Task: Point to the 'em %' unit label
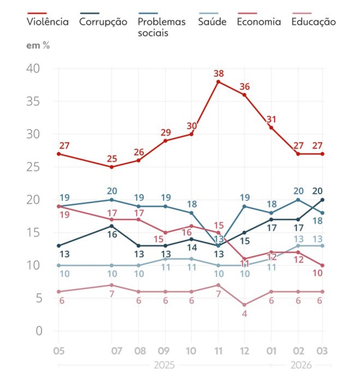click(x=38, y=45)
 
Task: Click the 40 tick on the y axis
click(x=33, y=68)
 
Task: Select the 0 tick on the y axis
click(x=39, y=331)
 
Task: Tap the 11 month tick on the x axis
click(x=218, y=351)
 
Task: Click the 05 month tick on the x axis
click(x=59, y=351)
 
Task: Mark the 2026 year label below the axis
click(x=301, y=365)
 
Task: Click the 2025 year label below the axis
click(x=164, y=365)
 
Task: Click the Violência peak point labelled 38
click(x=218, y=82)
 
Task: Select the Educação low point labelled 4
click(x=244, y=305)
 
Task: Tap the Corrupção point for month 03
click(x=322, y=200)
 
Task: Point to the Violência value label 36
click(x=244, y=87)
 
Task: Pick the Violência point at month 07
click(x=112, y=167)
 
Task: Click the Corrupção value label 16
click(x=112, y=234)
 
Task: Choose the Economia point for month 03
click(x=322, y=265)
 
